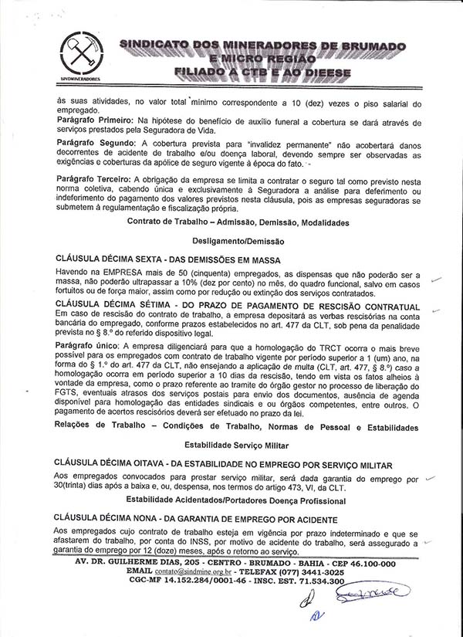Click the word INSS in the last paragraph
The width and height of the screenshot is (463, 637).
(189, 544)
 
